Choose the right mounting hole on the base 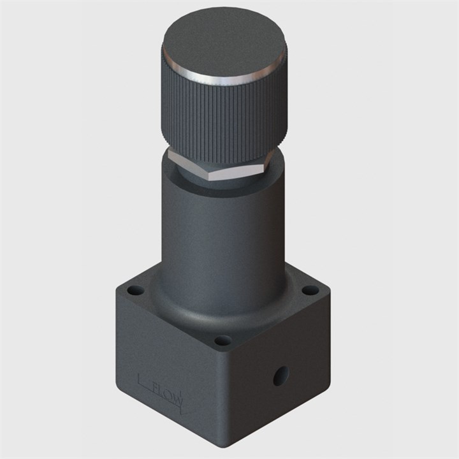tap(310, 290)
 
